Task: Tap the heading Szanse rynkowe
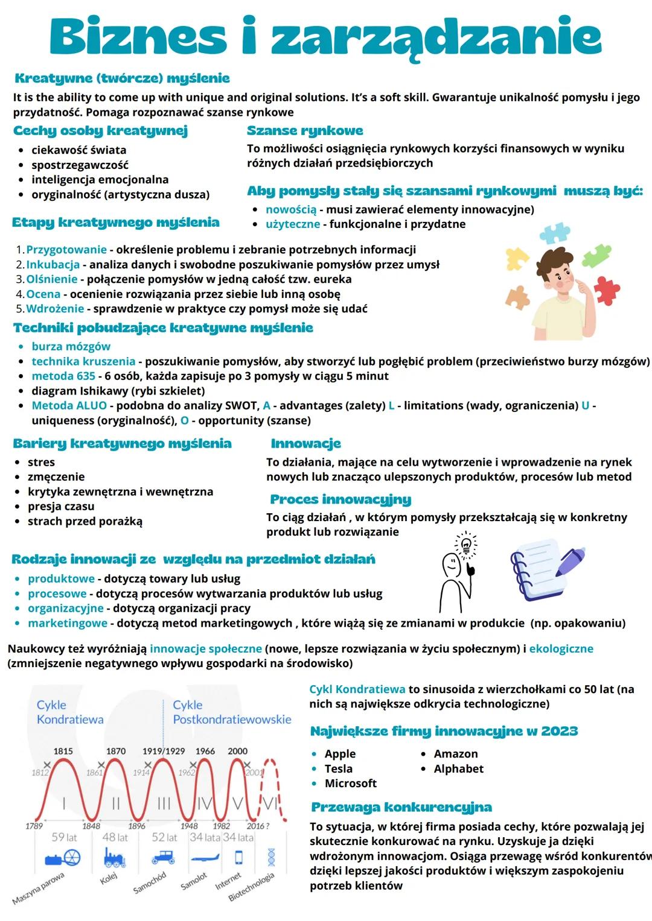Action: pos(305,131)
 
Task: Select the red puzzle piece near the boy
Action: pos(607,290)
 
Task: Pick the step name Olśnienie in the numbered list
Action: pos(52,279)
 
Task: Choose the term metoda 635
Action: pos(63,376)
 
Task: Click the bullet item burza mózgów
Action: pos(71,347)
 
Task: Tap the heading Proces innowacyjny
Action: pos(340,499)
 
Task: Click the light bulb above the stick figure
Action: pos(465,545)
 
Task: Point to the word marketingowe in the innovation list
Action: pos(68,623)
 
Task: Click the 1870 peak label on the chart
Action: pos(116,751)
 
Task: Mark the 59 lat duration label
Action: pos(64,837)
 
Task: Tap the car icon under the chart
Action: pos(163,857)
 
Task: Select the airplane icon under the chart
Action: pos(205,858)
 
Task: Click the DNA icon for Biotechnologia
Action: pos(271,856)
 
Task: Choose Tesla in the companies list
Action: pos(338,768)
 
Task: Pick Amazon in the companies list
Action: pos(455,754)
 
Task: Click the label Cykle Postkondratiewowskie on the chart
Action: pos(232,712)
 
